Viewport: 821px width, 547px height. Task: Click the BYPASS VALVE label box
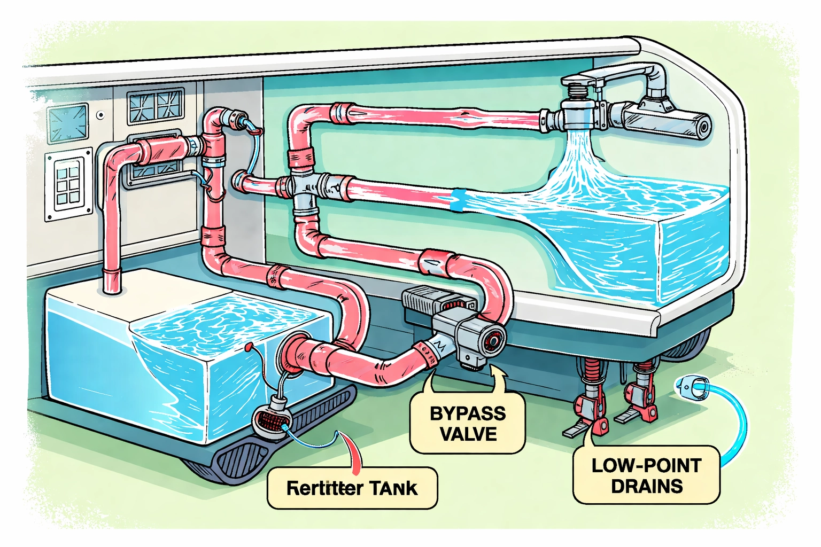tap(467, 424)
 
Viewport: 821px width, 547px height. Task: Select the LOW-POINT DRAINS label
tap(646, 475)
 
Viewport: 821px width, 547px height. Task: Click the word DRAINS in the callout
tap(647, 486)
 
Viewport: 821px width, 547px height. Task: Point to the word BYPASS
tap(468, 413)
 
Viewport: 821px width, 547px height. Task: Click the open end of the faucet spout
tap(702, 127)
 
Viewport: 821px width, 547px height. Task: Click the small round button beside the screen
tap(100, 114)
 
